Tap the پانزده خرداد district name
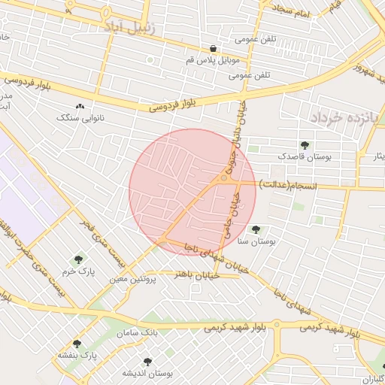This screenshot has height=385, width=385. coord(336,117)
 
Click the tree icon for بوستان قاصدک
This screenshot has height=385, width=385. coord(305,145)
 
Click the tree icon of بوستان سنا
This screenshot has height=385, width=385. coord(256,229)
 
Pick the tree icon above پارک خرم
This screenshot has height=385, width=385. coord(78,260)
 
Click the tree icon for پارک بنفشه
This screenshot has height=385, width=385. coord(77,344)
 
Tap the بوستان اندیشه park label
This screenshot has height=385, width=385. coord(149,373)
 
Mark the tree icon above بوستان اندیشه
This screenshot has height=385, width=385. coord(147,362)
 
